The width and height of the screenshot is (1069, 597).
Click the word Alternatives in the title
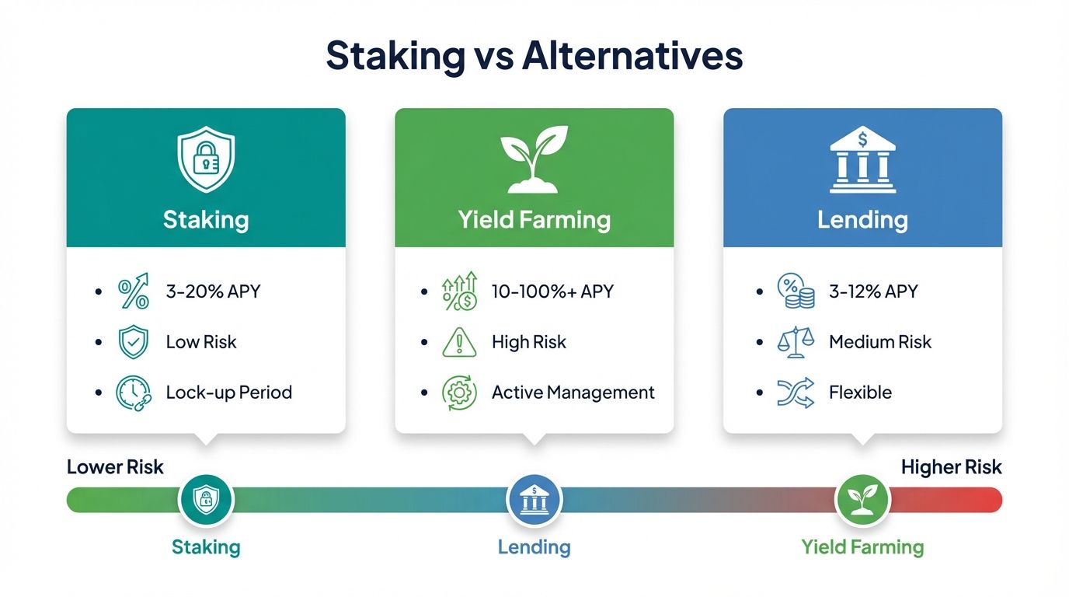click(632, 56)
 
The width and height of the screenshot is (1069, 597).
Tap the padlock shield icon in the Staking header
click(206, 161)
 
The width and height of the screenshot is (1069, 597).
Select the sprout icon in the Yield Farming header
click(534, 159)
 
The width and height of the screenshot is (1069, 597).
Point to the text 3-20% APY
click(213, 292)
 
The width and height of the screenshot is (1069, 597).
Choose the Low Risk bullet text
click(201, 342)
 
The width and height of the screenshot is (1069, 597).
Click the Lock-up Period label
click(229, 393)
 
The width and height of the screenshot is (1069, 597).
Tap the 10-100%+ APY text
click(552, 292)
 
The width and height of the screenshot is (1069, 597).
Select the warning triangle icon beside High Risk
click(460, 342)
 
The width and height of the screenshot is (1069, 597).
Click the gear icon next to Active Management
click(460, 393)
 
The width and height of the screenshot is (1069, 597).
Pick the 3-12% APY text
click(873, 292)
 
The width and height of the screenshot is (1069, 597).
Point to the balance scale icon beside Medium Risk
click(796, 342)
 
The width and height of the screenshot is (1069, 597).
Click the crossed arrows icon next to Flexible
click(796, 393)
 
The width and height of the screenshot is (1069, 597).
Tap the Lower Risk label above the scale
click(115, 467)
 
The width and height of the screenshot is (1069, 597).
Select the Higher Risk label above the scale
click(951, 467)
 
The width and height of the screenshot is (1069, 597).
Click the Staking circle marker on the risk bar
click(206, 500)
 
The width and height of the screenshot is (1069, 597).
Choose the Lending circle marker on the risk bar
click(534, 500)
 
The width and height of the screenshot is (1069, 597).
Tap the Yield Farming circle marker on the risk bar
click(862, 500)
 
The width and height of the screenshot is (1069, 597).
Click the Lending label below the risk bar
click(534, 547)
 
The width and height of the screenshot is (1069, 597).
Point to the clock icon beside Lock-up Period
click(133, 393)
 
